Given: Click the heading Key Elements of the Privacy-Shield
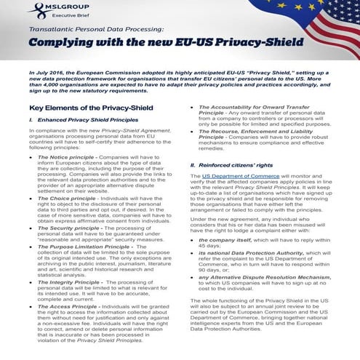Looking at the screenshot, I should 86,108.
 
